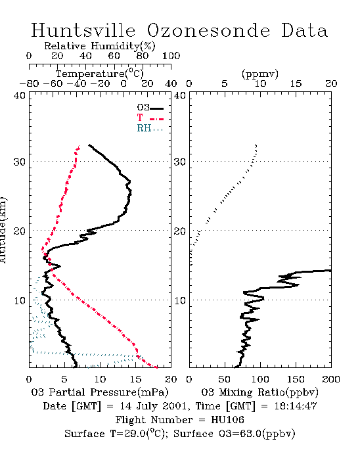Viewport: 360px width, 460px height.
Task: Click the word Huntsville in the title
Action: click(x=83, y=30)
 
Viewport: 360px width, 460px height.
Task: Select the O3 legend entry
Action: click(x=150, y=108)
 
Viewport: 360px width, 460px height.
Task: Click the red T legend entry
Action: click(x=150, y=118)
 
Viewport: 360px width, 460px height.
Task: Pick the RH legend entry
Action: click(x=150, y=128)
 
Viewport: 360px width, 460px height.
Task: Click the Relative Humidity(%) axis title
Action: click(x=100, y=46)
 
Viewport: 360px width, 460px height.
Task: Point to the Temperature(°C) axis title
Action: click(x=100, y=74)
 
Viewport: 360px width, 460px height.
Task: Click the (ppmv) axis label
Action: click(x=260, y=74)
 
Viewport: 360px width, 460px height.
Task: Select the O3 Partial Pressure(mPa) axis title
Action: click(x=100, y=392)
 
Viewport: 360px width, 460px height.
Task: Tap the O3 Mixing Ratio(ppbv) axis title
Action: click(x=259, y=392)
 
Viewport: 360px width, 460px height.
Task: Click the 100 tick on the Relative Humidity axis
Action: click(x=171, y=56)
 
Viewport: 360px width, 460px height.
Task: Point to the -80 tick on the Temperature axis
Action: click(x=30, y=83)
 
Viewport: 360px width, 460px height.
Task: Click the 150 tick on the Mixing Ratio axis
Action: click(x=296, y=379)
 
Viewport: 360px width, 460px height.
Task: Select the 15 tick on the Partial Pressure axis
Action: click(x=135, y=379)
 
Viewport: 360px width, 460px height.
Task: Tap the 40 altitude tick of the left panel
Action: click(x=20, y=96)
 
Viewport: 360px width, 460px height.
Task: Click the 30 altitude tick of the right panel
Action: click(x=180, y=162)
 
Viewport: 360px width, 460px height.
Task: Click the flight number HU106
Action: click(x=227, y=420)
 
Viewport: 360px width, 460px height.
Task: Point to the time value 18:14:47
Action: click(x=296, y=406)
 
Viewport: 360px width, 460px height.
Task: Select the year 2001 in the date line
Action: click(x=175, y=406)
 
